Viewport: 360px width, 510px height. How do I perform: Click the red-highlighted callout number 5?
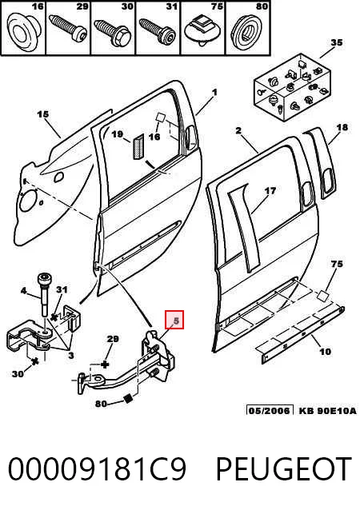pos(174,320)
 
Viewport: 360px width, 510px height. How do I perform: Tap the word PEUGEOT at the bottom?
pos(284,469)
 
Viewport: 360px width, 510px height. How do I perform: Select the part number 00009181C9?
pos(97,469)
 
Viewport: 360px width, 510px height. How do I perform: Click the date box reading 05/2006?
pos(270,410)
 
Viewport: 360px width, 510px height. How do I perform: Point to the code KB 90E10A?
pos(327,410)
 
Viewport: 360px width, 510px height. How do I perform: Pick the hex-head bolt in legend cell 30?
pos(113,32)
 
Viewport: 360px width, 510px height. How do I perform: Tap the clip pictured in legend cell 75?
pos(202,31)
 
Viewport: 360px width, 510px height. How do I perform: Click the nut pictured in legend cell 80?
pos(247,33)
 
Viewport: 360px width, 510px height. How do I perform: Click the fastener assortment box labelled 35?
pos(292,86)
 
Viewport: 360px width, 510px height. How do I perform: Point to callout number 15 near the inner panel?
pos(42,114)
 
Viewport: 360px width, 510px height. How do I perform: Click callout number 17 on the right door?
pos(270,191)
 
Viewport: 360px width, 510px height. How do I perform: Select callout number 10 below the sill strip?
pos(325,351)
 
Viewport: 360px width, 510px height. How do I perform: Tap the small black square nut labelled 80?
pos(129,399)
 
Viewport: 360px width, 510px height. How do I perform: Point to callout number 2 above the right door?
pos(238,130)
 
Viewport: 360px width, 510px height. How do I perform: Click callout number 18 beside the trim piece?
pos(342,127)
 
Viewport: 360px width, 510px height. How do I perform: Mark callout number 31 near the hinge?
pos(62,289)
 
